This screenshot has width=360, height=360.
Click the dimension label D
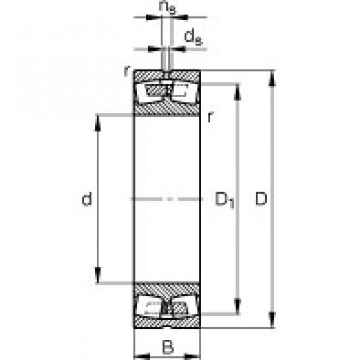click(x=262, y=200)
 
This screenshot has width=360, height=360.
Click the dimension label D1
click(x=224, y=200)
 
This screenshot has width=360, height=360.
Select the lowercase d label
click(x=87, y=200)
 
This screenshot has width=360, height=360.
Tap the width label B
click(x=167, y=347)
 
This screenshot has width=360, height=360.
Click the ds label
click(x=191, y=37)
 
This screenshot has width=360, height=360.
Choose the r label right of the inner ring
click(x=210, y=118)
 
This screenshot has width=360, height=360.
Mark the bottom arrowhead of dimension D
click(x=272, y=320)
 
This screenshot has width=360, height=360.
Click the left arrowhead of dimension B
click(x=139, y=355)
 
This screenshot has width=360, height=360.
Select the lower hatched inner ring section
click(x=167, y=289)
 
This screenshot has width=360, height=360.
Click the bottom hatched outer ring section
click(x=167, y=322)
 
